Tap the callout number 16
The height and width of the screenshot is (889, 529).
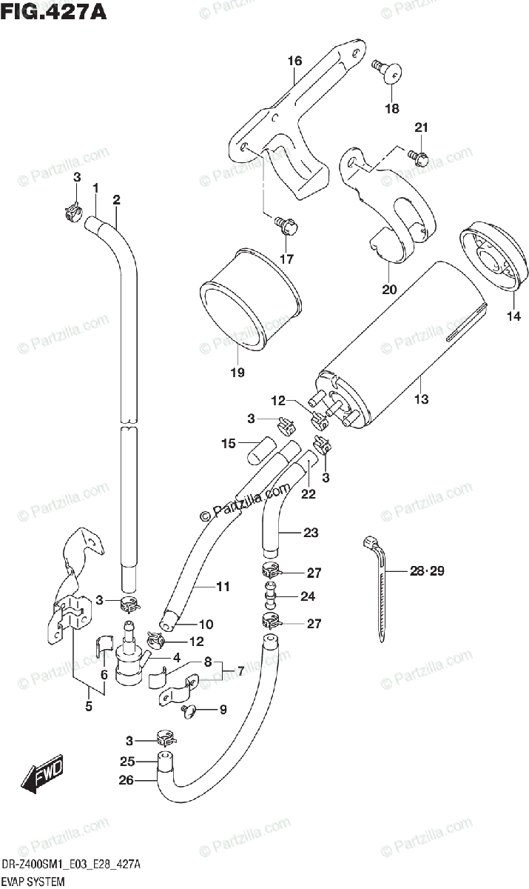(294, 61)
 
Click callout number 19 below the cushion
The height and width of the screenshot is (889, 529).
(236, 372)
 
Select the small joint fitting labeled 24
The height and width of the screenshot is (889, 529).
(272, 597)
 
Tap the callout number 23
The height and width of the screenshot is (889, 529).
(311, 531)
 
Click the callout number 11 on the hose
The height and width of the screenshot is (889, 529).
(223, 587)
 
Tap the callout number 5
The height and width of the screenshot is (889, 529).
(89, 706)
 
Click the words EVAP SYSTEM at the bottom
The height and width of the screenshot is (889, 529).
(33, 881)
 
